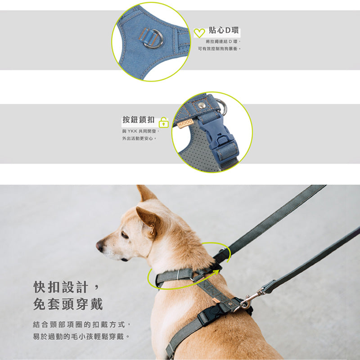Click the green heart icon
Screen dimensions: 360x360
click(x=199, y=33)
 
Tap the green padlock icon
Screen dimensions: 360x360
click(x=163, y=122)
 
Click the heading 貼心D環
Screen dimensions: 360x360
click(x=224, y=30)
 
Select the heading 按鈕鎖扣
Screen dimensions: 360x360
click(x=138, y=120)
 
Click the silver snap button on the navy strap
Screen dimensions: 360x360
click(x=202, y=105)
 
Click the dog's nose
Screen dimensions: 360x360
click(x=100, y=246)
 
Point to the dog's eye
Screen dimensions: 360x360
click(x=125, y=235)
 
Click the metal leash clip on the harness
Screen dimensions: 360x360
click(x=250, y=299)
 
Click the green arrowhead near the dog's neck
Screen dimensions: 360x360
click(x=216, y=272)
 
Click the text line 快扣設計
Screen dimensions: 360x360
click(x=61, y=287)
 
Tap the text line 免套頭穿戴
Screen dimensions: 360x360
click(x=68, y=304)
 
